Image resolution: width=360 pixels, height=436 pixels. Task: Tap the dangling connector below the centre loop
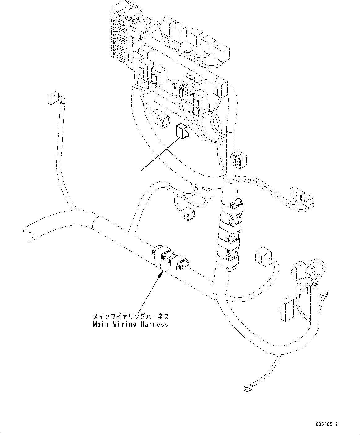click(x=187, y=214)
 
